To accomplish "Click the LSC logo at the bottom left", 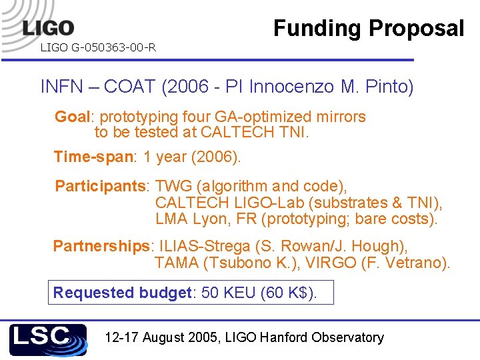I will tap(47, 339).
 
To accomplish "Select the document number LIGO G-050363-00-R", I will tap(98, 47).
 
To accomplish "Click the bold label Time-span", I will tap(94, 157).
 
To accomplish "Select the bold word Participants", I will tap(103, 186).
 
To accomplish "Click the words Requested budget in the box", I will tap(122, 293).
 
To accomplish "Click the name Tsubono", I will tap(237, 263).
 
